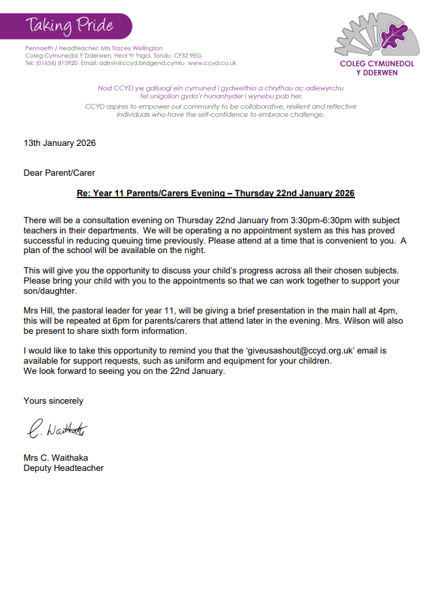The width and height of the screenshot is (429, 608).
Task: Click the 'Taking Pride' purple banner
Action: coord(71,26)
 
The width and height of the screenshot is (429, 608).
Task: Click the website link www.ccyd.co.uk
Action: coord(212,63)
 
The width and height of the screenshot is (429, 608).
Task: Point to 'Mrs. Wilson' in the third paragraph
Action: coord(367,321)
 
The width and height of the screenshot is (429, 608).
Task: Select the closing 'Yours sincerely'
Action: coord(54,401)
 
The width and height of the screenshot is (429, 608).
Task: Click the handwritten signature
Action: coord(58,430)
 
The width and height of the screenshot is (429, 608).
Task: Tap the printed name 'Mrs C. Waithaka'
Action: coord(56,458)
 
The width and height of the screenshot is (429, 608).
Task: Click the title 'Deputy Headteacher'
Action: coord(64,468)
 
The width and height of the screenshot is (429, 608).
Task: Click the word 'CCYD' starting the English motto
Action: coord(96,107)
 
